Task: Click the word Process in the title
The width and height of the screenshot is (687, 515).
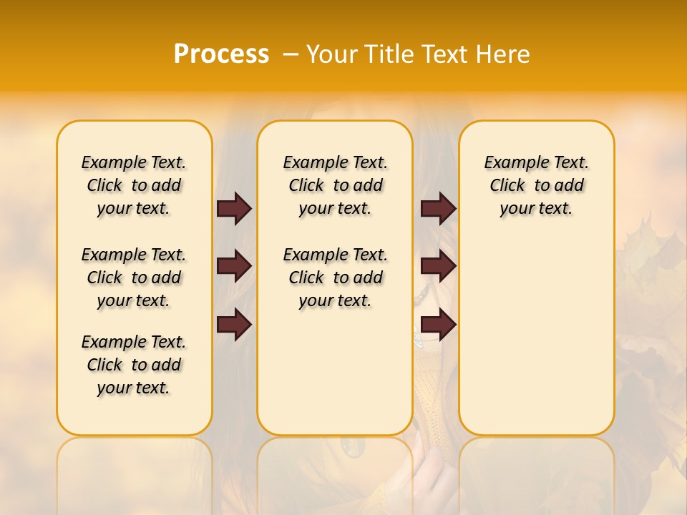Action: point(221,54)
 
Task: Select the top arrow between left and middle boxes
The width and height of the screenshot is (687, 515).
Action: point(234,208)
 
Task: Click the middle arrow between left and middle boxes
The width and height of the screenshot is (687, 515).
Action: point(234,266)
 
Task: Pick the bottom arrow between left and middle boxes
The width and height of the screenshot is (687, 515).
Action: point(234,325)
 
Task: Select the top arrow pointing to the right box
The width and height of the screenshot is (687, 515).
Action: point(438,208)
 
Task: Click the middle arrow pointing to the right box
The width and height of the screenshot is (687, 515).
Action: point(438,266)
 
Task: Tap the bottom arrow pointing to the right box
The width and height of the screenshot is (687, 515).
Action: point(438,325)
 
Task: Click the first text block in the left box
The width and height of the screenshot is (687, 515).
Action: point(134,185)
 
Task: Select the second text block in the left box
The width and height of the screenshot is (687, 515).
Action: point(134,278)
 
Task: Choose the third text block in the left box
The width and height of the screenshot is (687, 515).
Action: point(134,365)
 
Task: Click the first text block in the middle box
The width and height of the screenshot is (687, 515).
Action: point(336,185)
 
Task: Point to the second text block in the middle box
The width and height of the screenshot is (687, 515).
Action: point(336,278)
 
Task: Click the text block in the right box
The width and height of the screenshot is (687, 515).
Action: point(537,185)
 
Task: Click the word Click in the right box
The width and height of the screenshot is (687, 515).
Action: point(507,186)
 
